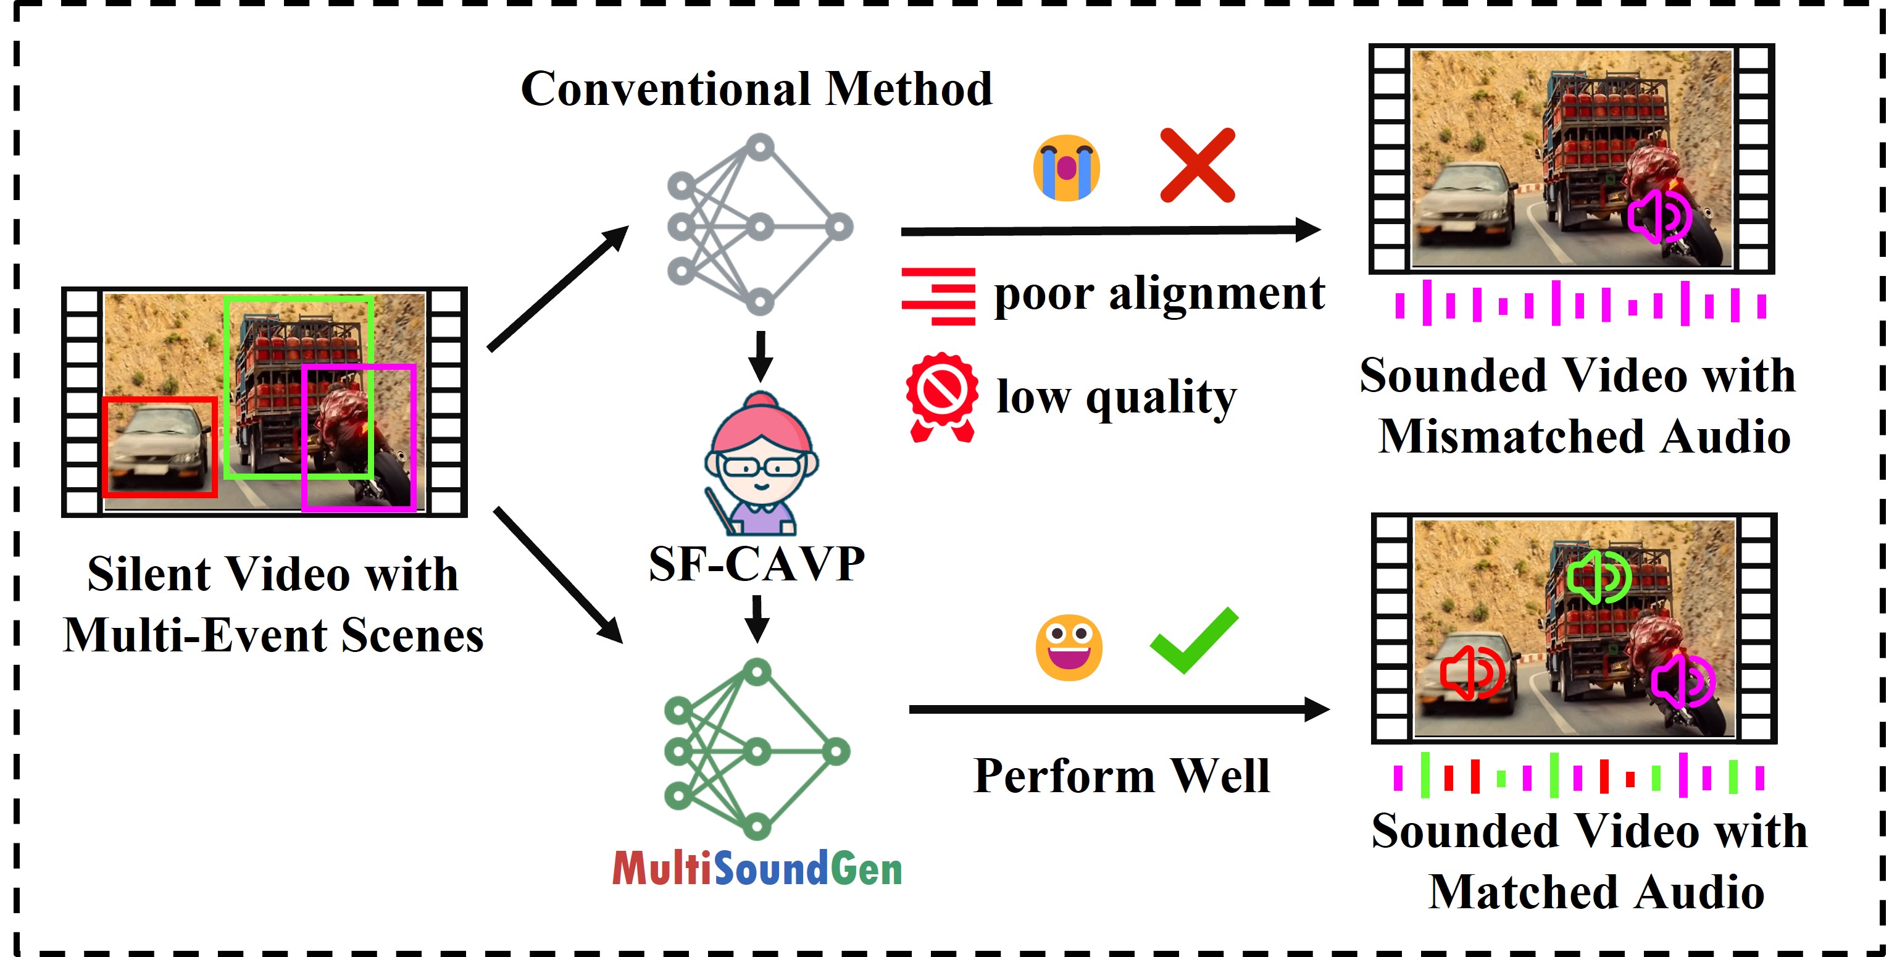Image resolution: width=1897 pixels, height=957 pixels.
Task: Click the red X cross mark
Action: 1197,165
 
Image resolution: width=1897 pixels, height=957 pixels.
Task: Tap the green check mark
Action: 1194,640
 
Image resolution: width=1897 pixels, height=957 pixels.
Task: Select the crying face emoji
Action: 1066,168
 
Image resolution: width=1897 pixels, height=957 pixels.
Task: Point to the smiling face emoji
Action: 1069,647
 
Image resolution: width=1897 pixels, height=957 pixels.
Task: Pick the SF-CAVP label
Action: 756,564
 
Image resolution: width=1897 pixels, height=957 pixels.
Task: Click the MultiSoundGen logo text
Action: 757,869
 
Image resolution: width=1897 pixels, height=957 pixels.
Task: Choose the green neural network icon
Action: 756,750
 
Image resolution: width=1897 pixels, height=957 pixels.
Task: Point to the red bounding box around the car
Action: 160,447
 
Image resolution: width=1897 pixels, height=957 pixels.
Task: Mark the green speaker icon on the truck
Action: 1598,577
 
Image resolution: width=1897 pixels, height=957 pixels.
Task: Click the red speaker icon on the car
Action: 1471,672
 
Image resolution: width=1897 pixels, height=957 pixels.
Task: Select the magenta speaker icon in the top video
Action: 1659,216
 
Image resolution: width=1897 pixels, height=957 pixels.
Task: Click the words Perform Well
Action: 1122,775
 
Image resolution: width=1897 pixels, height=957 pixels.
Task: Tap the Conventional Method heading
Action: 756,89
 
